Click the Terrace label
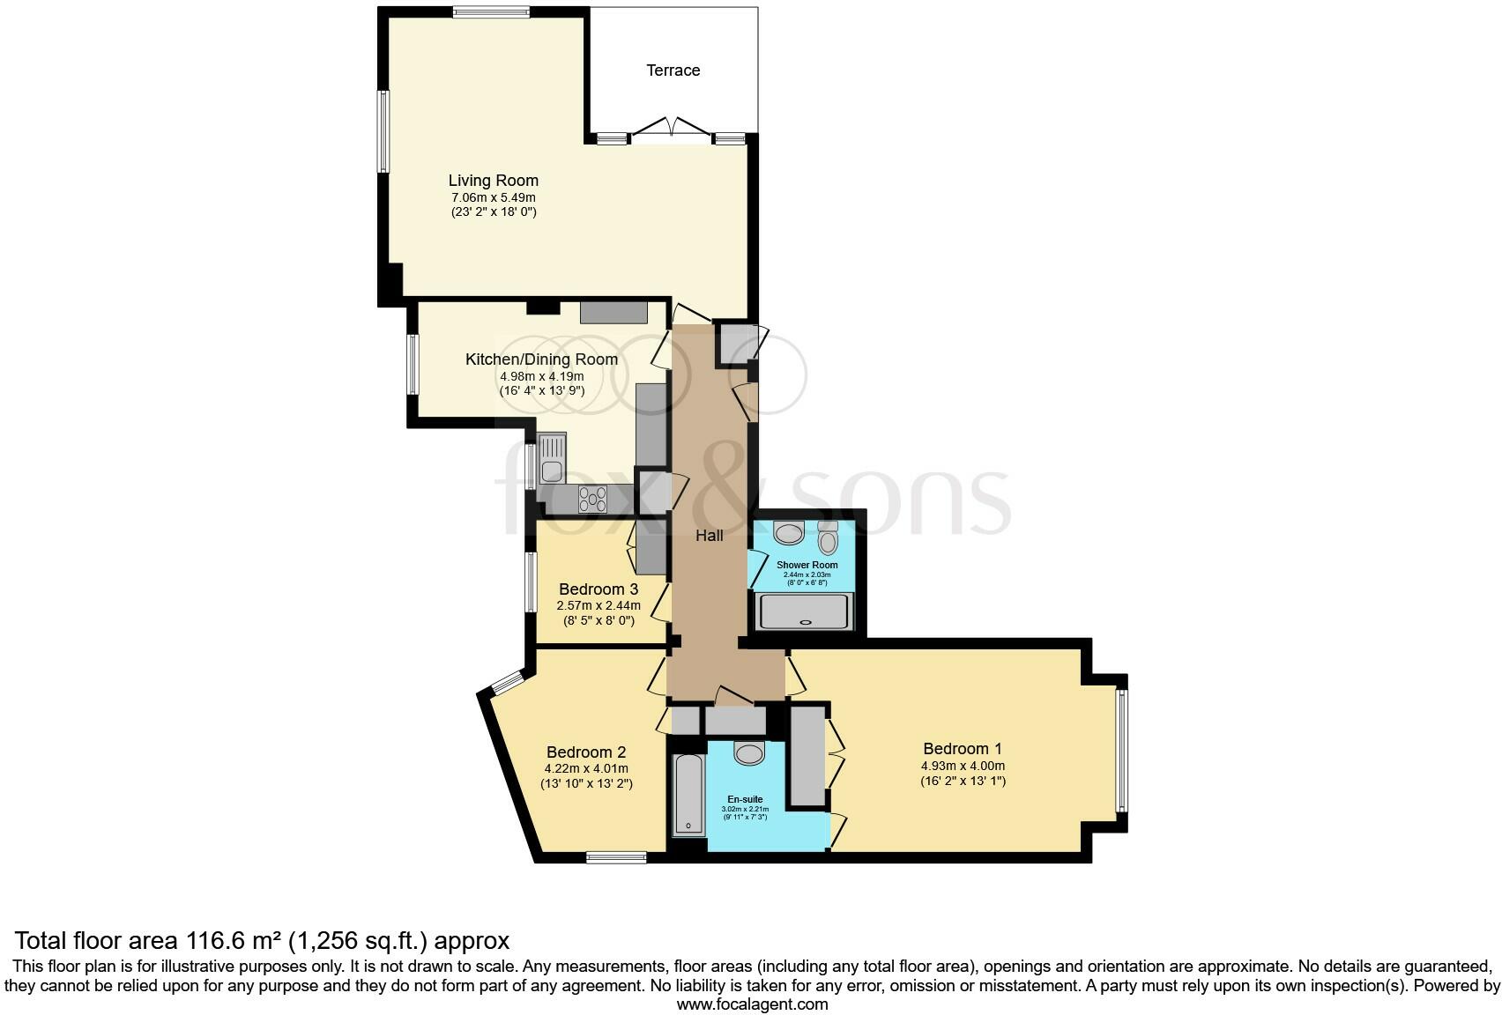pyautogui.click(x=673, y=70)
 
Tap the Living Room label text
pyautogui.click(x=493, y=181)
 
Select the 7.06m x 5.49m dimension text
pyautogui.click(x=493, y=197)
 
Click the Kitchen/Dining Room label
pyautogui.click(x=541, y=359)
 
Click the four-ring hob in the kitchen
pyautogui.click(x=592, y=500)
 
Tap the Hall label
pyautogui.click(x=710, y=535)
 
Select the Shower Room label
pyautogui.click(x=807, y=565)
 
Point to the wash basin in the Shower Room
pyautogui.click(x=789, y=532)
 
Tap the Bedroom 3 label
pyautogui.click(x=599, y=589)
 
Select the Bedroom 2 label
pyautogui.click(x=586, y=752)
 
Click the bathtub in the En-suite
pyautogui.click(x=688, y=794)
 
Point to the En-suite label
pyautogui.click(x=745, y=799)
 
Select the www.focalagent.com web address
pyautogui.click(x=752, y=1004)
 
